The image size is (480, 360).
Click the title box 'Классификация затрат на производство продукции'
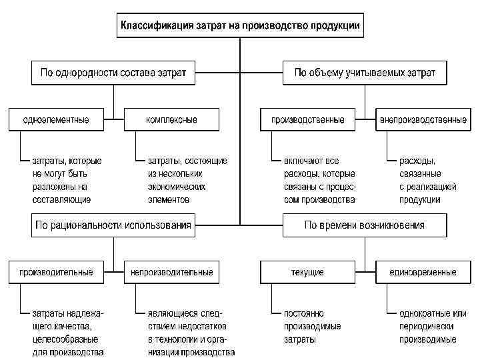pyautogui.click(x=240, y=27)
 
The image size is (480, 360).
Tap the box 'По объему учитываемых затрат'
pyautogui.click(x=365, y=73)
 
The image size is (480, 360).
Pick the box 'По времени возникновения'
pyautogui.click(x=365, y=225)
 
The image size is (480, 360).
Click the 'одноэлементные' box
pyautogui.click(x=56, y=120)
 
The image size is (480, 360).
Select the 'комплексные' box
pyautogui.click(x=171, y=120)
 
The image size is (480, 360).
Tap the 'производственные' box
pyautogui.click(x=307, y=120)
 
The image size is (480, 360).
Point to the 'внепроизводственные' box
pyautogui.click(x=423, y=120)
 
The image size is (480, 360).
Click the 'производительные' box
pyautogui.click(x=56, y=272)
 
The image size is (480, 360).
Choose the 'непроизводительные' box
pyautogui.click(x=171, y=272)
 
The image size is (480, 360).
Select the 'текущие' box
pyautogui.click(x=307, y=272)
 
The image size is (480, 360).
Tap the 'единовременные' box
pyautogui.click(x=423, y=272)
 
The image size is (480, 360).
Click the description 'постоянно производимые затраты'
pyautogui.click(x=312, y=326)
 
